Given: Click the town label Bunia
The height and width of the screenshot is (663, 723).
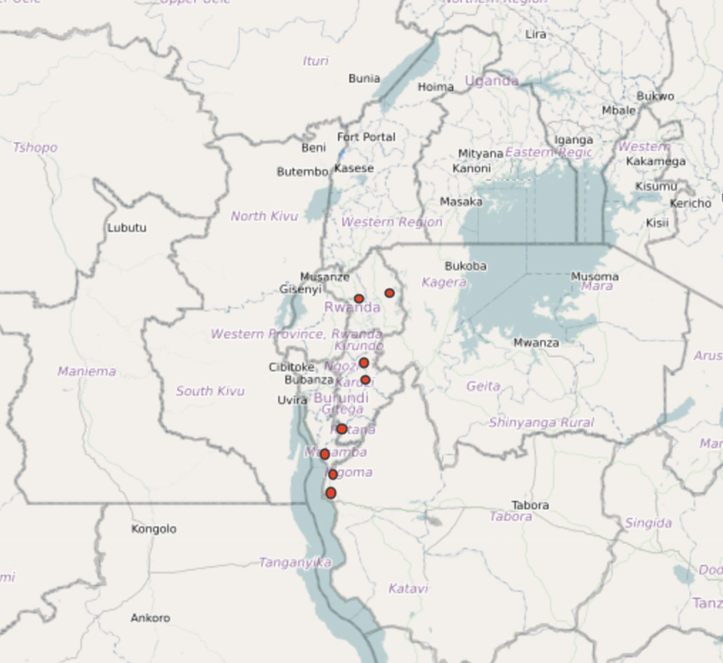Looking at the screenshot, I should point(363,79).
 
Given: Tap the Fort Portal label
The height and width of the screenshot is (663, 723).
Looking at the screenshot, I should point(366,137).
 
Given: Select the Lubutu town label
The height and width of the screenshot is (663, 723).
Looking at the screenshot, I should point(127,228).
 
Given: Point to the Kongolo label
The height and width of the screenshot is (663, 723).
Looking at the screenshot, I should point(154,529).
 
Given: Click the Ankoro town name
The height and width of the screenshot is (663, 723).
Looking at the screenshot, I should point(150,619).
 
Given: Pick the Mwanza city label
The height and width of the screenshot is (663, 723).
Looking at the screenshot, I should point(536,343).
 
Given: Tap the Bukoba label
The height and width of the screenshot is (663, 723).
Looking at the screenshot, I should point(465,266).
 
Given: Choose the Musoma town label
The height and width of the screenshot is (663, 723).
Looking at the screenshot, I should point(595,276).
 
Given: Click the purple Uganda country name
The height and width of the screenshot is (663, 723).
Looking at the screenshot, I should point(492,81).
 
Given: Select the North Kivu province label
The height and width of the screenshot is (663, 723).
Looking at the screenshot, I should point(264,217).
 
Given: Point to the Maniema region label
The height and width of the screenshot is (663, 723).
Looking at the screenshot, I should point(87,371).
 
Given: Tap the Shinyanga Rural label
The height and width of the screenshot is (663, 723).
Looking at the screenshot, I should point(541,423).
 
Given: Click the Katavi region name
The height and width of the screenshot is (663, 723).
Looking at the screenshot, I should point(408,589).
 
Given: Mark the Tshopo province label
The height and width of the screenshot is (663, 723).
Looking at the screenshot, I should point(35,147).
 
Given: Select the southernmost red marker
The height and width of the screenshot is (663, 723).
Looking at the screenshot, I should point(331,493).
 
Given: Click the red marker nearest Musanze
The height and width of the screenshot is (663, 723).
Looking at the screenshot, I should point(359,299).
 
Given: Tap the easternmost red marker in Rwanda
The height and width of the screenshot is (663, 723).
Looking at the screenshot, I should point(390,294).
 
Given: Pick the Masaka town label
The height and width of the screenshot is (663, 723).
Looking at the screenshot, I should point(461,202).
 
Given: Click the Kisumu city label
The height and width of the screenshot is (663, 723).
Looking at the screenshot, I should point(656,186).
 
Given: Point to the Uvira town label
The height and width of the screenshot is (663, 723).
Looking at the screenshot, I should point(292,400).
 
